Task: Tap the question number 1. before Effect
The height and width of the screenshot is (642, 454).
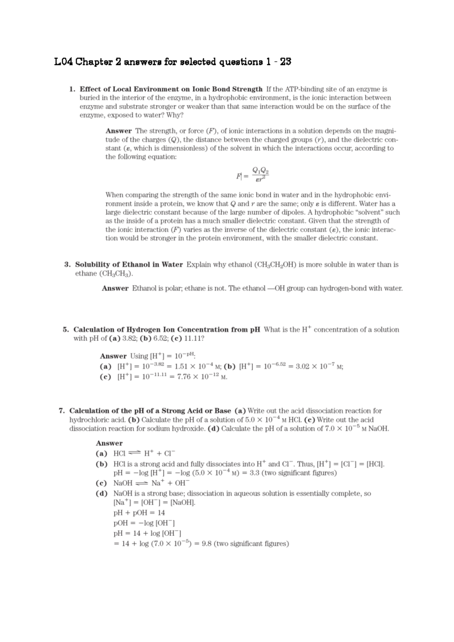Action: point(72,89)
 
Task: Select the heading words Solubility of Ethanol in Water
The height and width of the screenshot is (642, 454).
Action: point(129,264)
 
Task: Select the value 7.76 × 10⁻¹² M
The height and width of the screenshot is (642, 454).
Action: point(202,377)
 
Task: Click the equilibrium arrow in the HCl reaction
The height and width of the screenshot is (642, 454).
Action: point(134,453)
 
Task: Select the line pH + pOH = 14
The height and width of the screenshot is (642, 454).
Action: point(139,513)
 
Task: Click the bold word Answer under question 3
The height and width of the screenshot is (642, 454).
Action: point(115,288)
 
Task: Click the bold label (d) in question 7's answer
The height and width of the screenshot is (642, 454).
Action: point(102,493)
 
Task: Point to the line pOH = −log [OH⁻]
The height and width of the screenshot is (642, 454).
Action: point(144,523)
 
